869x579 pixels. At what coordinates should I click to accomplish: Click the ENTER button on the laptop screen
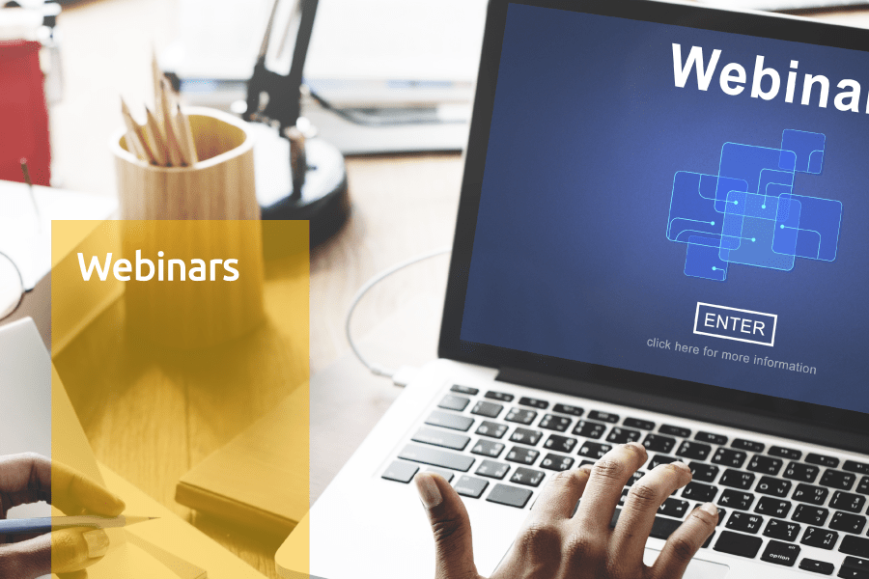[x=735, y=324]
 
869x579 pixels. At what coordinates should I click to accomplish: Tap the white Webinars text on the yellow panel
[x=158, y=266]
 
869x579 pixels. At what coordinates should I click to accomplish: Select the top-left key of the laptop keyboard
[x=464, y=390]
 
